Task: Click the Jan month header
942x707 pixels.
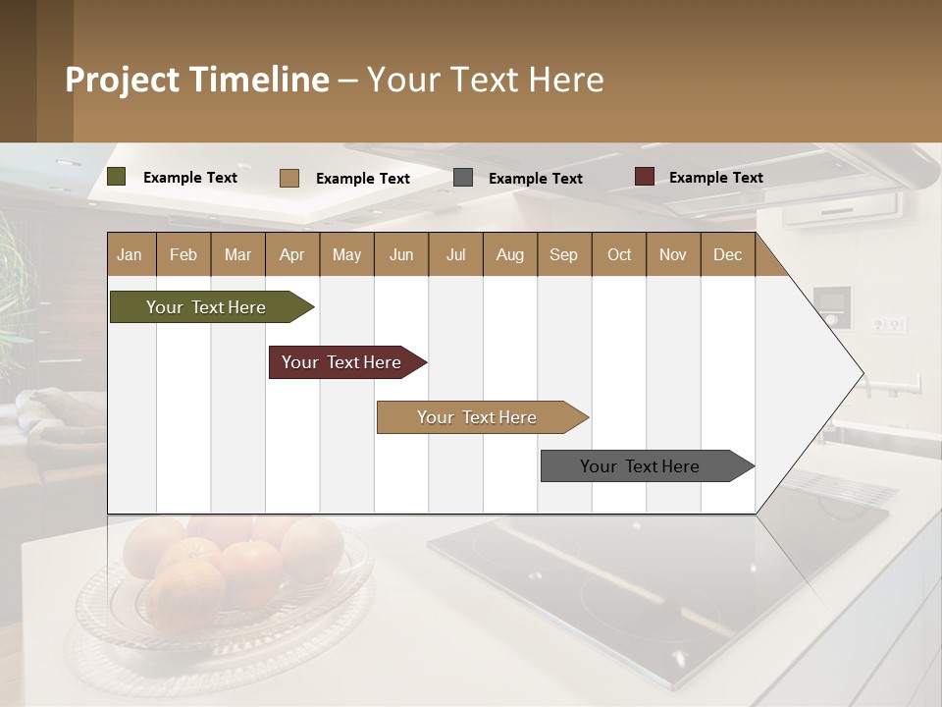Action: pyautogui.click(x=131, y=254)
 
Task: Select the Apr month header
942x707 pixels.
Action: pyautogui.click(x=292, y=254)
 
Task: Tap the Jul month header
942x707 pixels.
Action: pyautogui.click(x=456, y=254)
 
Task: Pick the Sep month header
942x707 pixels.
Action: pyautogui.click(x=564, y=254)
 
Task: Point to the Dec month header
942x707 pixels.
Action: pyautogui.click(x=727, y=254)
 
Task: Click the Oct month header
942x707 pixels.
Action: pyautogui.click(x=619, y=254)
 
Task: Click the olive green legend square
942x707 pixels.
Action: pyautogui.click(x=117, y=177)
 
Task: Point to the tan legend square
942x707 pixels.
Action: pyautogui.click(x=289, y=178)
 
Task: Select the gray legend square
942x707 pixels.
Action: pyautogui.click(x=463, y=178)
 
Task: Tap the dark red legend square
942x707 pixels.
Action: pyautogui.click(x=645, y=177)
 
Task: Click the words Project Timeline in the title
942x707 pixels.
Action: pyautogui.click(x=196, y=80)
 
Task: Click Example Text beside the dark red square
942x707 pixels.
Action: pyautogui.click(x=715, y=178)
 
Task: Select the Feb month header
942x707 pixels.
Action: pyautogui.click(x=183, y=254)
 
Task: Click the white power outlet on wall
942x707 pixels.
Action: pyautogui.click(x=890, y=324)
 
